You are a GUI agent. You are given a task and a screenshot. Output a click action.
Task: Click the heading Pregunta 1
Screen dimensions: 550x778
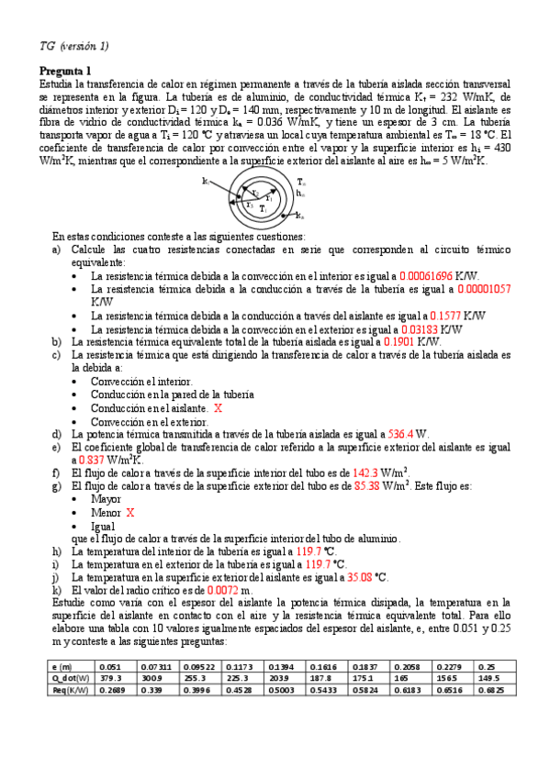(66, 72)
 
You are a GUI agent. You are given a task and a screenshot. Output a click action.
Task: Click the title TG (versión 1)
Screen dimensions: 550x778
(74, 46)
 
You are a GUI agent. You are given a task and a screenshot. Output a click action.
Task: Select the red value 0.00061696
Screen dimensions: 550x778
(437, 275)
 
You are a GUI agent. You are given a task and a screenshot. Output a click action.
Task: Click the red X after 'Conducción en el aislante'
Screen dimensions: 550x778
(217, 407)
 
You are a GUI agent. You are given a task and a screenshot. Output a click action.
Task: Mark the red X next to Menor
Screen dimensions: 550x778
(130, 513)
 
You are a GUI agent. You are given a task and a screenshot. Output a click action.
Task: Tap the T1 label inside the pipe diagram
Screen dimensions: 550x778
(263, 208)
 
